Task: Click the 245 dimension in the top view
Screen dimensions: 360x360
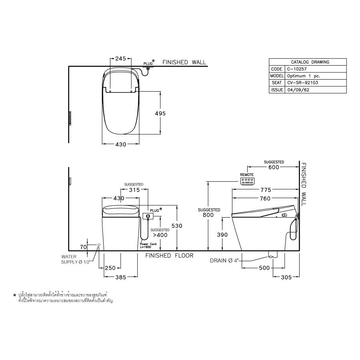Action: click(x=121, y=58)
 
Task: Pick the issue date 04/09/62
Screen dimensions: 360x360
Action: click(x=296, y=90)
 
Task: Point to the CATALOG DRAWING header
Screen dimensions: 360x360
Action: click(x=308, y=62)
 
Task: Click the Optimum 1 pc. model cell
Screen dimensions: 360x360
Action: click(x=303, y=76)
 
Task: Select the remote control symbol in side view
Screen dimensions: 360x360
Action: click(x=247, y=182)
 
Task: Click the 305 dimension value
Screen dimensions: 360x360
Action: click(x=286, y=276)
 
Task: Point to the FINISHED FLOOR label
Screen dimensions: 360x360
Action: click(x=169, y=256)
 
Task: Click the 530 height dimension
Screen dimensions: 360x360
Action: click(x=177, y=226)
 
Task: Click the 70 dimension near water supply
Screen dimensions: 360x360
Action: click(x=83, y=247)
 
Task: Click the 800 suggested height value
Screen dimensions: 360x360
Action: click(x=208, y=215)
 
